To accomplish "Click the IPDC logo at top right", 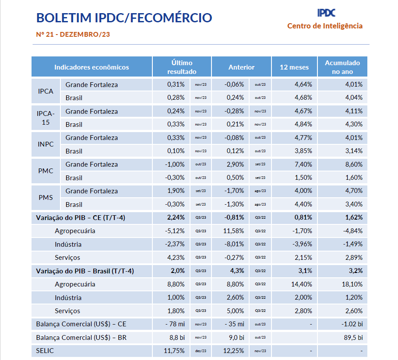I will (326, 13).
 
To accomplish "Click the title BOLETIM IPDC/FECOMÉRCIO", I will (124, 18).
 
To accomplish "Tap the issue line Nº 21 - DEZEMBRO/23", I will (73, 34).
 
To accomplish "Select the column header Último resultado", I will (182, 67).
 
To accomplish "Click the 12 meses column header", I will (294, 67).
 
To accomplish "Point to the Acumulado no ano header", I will (342, 67).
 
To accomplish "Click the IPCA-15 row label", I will (46, 117).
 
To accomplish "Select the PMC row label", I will (46, 171).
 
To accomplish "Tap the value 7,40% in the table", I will (303, 164).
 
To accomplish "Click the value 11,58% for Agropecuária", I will (235, 231).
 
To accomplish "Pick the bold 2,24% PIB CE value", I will (176, 217).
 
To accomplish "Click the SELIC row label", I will (46, 351).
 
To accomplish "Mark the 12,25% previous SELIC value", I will (235, 351).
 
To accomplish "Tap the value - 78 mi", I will (175, 324).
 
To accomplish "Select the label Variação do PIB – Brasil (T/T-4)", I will (85, 271).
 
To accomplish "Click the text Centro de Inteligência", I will (325, 26).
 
